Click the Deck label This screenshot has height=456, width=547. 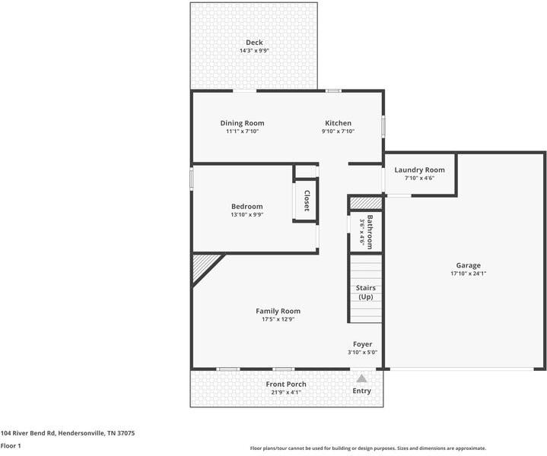click(254, 42)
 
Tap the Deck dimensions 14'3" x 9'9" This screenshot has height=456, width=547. click(254, 51)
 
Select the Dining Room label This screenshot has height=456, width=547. click(242, 123)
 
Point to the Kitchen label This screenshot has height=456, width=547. click(338, 123)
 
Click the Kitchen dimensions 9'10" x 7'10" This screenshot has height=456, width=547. click(338, 131)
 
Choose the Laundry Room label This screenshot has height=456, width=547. click(419, 169)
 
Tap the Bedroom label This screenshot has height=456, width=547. click(246, 207)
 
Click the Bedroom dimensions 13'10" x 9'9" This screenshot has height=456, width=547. click(246, 215)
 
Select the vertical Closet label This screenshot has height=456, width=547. click(307, 201)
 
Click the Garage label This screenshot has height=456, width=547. click(468, 265)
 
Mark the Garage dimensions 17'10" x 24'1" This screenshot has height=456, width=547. click(468, 274)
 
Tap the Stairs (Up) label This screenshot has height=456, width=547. click(365, 292)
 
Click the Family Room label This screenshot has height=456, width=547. click(278, 311)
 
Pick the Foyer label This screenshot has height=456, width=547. click(362, 344)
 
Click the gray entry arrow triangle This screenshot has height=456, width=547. click(362, 378)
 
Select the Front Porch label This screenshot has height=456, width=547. click(286, 385)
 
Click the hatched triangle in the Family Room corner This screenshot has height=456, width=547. click(202, 266)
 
